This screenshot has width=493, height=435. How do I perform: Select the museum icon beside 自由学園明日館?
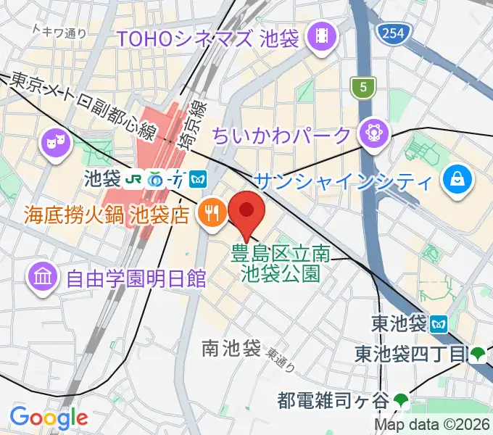coord(43,276)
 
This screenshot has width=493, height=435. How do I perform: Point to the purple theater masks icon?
coord(54,141)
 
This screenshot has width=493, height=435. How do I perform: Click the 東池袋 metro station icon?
coord(439,323)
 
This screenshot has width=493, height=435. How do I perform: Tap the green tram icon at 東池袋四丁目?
coord(477,354)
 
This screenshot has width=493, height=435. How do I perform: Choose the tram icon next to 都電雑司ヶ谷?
coord(402,398)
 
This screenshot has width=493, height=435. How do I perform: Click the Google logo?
coord(49,418)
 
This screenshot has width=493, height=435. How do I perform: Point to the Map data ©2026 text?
coord(431,425)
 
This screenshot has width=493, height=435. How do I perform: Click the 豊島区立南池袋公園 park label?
coord(281,264)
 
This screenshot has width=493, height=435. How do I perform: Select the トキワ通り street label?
coord(60,31)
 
